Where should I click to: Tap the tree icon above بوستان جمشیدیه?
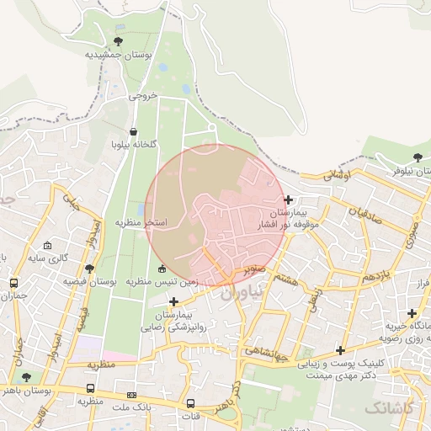pos(118,40)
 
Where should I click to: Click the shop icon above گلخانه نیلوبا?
pos(134,131)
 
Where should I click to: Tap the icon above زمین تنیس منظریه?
pos(162,269)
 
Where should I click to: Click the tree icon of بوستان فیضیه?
pos(90,268)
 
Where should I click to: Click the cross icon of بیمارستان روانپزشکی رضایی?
pos(174,301)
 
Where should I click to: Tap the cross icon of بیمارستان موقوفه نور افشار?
pos(289,200)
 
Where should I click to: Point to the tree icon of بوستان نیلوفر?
pos(418,158)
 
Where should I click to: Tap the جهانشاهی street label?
pos(269,349)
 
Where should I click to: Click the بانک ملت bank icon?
pos(131,394)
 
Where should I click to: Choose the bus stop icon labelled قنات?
pos(190,403)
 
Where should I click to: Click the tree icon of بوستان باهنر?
pos(27,378)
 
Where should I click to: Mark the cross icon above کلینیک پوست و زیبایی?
pos(340,350)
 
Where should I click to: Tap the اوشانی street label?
pos(340,174)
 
